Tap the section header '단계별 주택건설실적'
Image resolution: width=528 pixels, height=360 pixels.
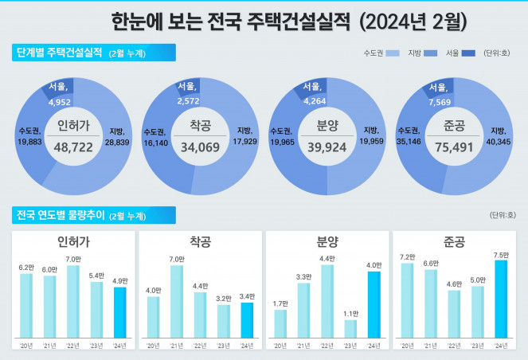pyautogui.click(x=59, y=53)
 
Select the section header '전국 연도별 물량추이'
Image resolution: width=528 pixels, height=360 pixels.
pyautogui.click(x=59, y=214)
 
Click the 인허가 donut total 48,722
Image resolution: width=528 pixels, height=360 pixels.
pyautogui.click(x=74, y=148)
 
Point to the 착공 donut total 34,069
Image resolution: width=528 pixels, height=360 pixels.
pyautogui.click(x=200, y=148)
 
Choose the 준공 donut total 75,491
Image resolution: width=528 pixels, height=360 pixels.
pyautogui.click(x=455, y=148)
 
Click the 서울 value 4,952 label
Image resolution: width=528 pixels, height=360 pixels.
pyautogui.click(x=61, y=102)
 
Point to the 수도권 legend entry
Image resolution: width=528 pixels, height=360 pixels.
pyautogui.click(x=379, y=53)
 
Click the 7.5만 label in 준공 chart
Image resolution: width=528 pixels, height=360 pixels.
pyautogui.click(x=501, y=255)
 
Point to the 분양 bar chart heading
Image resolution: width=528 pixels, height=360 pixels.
pyautogui.click(x=327, y=240)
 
